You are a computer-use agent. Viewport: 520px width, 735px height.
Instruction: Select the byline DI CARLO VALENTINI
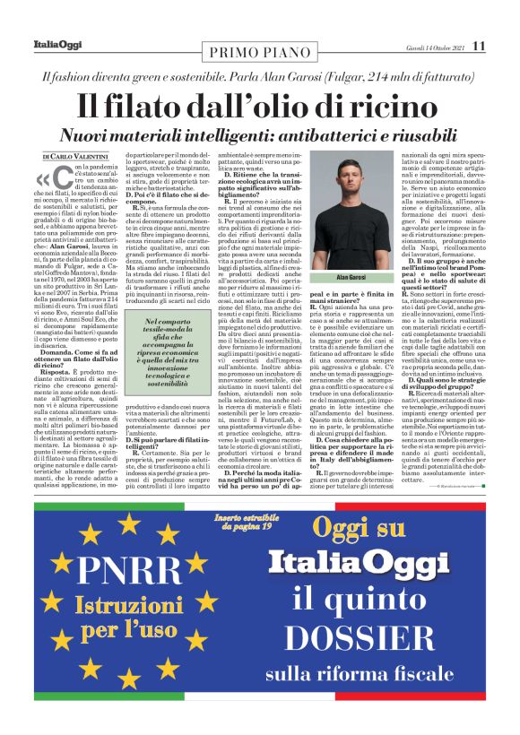click(76, 157)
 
